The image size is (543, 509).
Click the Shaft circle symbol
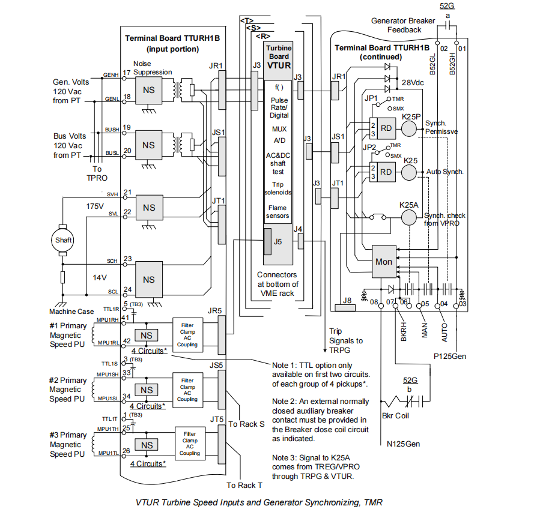63,239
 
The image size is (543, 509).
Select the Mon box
384,262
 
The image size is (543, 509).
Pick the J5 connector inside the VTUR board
278,242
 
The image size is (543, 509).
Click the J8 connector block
347,308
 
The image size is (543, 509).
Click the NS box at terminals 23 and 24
148,280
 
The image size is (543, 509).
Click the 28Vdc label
414,82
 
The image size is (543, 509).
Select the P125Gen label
450,356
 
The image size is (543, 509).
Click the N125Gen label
403,444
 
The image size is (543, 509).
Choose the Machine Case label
71,312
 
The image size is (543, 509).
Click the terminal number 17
126,72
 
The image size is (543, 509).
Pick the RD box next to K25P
387,127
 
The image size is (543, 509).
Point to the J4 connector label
299,229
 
